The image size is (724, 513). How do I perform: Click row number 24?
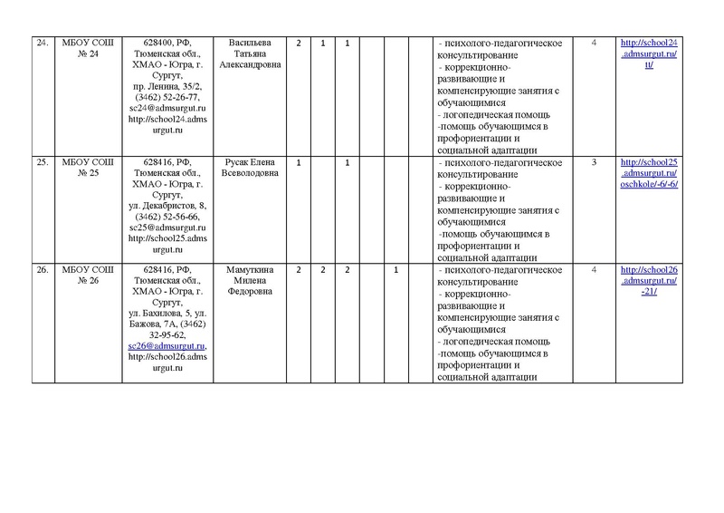click(42, 43)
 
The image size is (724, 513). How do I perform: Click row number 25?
click(42, 162)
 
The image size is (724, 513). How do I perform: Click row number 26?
click(42, 270)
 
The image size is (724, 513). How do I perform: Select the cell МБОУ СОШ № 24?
click(83, 49)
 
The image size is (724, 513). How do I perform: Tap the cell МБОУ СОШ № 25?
click(83, 168)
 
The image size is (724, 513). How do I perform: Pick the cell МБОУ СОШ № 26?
click(83, 276)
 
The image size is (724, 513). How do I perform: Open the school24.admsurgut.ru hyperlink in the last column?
click(648, 53)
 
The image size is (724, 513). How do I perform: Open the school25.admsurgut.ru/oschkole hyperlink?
click(648, 172)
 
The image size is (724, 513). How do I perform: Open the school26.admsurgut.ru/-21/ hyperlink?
click(648, 281)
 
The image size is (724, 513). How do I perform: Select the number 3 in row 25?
click(594, 162)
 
